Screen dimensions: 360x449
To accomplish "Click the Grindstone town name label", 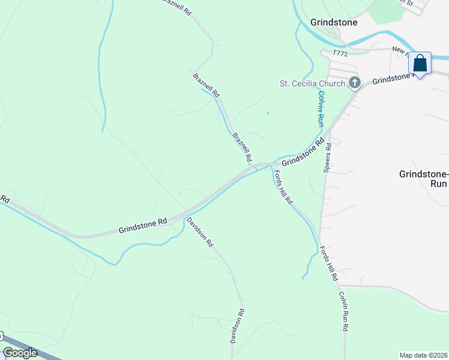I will [334, 22].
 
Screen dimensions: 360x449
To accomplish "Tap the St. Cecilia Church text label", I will [313, 83].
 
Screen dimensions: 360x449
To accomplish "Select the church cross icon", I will [355, 83].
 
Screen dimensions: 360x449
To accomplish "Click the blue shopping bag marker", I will [420, 63].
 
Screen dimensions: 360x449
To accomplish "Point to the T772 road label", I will [341, 54].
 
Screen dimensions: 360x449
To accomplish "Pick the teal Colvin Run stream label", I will [322, 108].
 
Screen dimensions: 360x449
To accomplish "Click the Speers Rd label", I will [328, 158].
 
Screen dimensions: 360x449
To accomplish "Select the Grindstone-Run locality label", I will [423, 178].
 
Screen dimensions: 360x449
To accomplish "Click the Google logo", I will [20, 353].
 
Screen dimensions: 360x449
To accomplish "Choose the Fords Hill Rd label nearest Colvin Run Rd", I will [329, 265].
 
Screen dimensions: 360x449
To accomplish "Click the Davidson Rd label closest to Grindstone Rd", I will [200, 233].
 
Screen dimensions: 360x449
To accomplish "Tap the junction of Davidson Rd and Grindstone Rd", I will [184, 216].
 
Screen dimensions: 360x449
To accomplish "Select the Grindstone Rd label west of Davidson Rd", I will [142, 226].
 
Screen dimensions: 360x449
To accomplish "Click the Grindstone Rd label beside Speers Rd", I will [303, 152].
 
